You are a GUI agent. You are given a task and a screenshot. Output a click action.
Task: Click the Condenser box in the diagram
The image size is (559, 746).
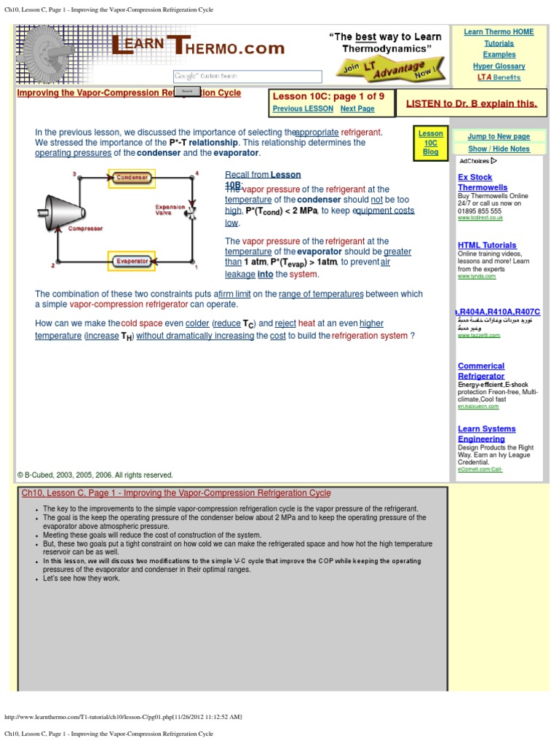pyautogui.click(x=132, y=177)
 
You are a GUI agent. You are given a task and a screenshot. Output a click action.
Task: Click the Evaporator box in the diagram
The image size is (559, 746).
pyautogui.click(x=132, y=261)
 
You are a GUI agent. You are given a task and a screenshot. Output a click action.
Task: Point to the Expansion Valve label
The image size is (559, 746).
pyautogui.click(x=170, y=210)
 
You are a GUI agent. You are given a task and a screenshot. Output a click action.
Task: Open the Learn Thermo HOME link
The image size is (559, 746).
pyautogui.click(x=499, y=32)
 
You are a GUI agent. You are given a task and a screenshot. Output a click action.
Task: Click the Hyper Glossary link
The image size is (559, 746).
pyautogui.click(x=499, y=66)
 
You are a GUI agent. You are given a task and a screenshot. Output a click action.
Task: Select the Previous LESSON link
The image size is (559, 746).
pyautogui.click(x=303, y=109)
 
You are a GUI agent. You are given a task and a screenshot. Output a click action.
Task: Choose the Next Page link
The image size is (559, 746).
pyautogui.click(x=357, y=109)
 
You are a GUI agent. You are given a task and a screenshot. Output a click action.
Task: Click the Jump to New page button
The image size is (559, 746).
pyautogui.click(x=499, y=136)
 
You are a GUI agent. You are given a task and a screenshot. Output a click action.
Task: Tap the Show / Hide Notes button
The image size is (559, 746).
pyautogui.click(x=499, y=149)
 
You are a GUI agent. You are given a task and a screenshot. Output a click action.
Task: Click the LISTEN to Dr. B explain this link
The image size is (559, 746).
pyautogui.click(x=472, y=103)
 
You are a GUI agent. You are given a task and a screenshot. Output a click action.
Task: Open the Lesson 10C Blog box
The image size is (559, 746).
pyautogui.click(x=430, y=143)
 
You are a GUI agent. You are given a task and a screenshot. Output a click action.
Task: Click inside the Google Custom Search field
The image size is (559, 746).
pyautogui.click(x=247, y=76)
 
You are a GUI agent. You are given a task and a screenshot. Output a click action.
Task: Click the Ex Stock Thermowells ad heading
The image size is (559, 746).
pyautogui.click(x=482, y=182)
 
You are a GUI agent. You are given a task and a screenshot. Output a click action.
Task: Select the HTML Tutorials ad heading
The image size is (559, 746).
pyautogui.click(x=487, y=245)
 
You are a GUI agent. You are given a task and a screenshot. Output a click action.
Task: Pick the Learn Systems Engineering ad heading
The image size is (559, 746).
pyautogui.click(x=486, y=433)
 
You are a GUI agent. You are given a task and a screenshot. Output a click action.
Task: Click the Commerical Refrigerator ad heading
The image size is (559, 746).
pyautogui.click(x=481, y=371)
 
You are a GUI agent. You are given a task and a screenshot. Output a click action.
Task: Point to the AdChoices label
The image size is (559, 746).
pyautogui.click(x=477, y=161)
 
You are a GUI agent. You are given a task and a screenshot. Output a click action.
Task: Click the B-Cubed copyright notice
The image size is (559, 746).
pyautogui.click(x=95, y=475)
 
